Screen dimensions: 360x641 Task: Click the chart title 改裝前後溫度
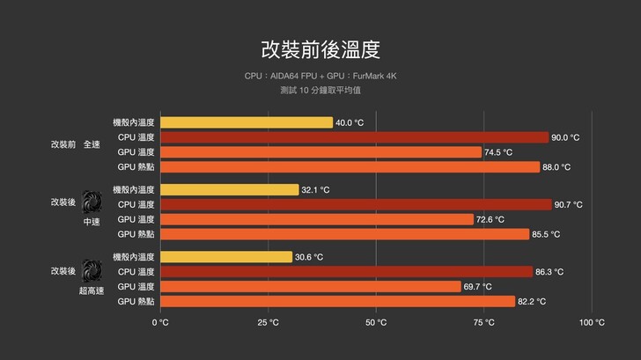tap(320, 48)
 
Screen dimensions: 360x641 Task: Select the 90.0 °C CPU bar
tap(354, 137)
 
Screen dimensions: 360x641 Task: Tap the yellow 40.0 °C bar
tap(247, 122)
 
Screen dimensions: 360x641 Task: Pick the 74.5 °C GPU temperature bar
tap(320, 152)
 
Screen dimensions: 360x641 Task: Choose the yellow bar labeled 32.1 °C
tap(230, 189)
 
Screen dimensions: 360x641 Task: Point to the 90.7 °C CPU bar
tap(356, 204)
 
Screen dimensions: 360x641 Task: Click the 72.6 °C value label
tap(490, 219)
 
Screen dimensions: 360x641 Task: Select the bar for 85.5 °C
tap(344, 234)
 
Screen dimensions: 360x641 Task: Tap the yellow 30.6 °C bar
tap(226, 257)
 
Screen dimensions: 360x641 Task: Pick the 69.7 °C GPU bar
tap(311, 287)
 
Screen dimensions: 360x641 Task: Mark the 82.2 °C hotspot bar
tap(337, 302)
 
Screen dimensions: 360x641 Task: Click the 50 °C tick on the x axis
tap(376, 322)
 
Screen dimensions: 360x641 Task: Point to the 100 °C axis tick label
tap(592, 322)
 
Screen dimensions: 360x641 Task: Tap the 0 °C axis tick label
tap(160, 322)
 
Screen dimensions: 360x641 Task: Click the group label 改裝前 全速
tap(76, 144)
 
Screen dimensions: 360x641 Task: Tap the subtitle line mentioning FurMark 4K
tap(320, 77)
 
